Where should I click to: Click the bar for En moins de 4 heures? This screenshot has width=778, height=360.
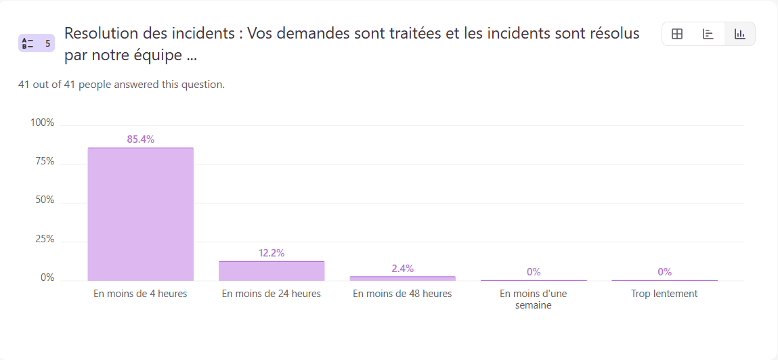[x=140, y=214]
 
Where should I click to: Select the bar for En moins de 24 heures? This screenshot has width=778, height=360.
[x=272, y=271]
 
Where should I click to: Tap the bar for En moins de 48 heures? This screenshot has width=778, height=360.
[x=402, y=278]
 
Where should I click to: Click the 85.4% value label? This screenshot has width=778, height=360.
[x=141, y=139]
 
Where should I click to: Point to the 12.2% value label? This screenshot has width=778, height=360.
[x=272, y=253]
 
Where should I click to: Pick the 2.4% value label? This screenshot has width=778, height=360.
[x=402, y=269]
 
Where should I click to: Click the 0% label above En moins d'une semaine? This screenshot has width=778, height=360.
[x=534, y=272]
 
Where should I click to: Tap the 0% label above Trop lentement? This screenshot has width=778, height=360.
[x=664, y=272]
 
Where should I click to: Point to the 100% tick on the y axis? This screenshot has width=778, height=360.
[x=42, y=122]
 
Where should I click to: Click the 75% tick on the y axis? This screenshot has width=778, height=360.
[x=45, y=161]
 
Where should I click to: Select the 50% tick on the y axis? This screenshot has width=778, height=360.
[x=45, y=200]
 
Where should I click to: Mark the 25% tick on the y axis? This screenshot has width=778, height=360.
[x=45, y=239]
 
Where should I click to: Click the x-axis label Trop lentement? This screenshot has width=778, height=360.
[x=664, y=294]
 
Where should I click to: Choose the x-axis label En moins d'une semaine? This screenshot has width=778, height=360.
[x=534, y=299]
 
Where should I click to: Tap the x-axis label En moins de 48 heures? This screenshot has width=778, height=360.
[x=402, y=294]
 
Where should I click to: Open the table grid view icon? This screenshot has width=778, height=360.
[x=677, y=34]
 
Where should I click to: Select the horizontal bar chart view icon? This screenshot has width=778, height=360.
[x=708, y=34]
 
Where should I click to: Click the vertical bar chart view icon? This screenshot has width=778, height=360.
[x=740, y=34]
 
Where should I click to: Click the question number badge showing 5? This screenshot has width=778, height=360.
[x=37, y=43]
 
